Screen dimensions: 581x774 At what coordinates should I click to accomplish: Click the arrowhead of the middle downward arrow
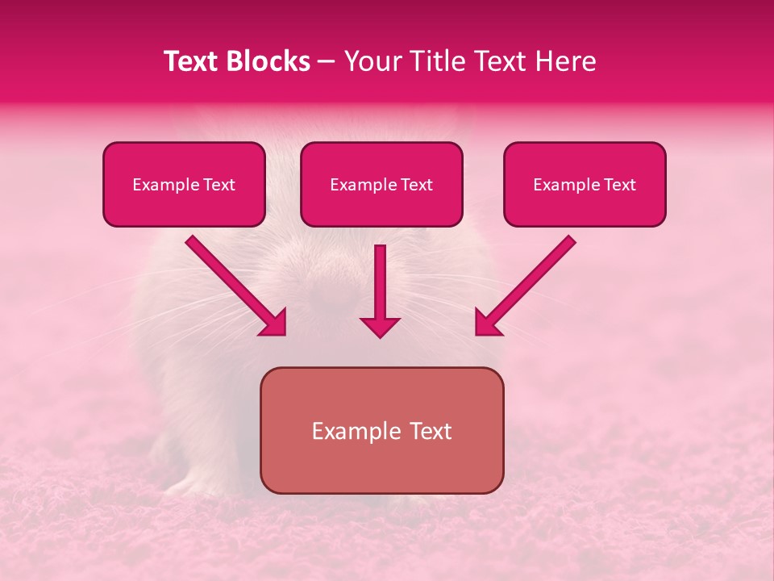[380, 326]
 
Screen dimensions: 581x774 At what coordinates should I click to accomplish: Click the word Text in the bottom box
[431, 431]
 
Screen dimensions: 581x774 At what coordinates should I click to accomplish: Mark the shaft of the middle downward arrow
[380, 278]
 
